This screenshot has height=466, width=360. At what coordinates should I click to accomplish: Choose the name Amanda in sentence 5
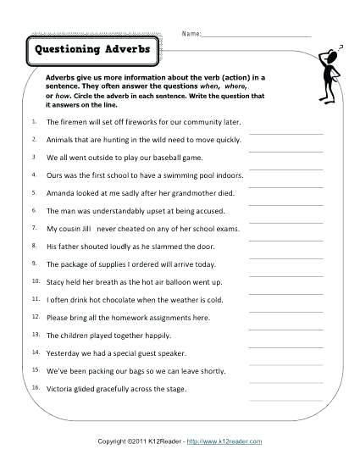61,193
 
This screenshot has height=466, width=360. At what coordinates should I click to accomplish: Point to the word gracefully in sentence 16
119,389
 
